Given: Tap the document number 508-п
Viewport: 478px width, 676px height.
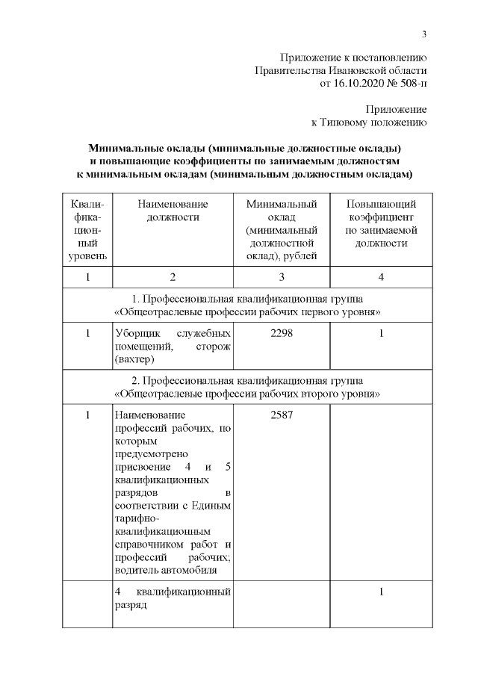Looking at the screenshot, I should point(411,83).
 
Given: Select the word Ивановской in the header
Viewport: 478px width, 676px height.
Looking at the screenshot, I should point(354,70).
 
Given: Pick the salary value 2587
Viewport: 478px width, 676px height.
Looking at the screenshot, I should point(282,415).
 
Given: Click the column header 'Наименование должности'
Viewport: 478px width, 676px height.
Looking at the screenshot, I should point(173,211).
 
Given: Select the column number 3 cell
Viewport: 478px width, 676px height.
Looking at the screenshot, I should point(282,278).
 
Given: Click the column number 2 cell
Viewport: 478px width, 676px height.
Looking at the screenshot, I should point(173,278).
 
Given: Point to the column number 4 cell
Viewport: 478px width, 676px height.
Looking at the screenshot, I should point(381,278).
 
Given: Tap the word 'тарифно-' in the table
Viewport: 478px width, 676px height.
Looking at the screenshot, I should point(134,519).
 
